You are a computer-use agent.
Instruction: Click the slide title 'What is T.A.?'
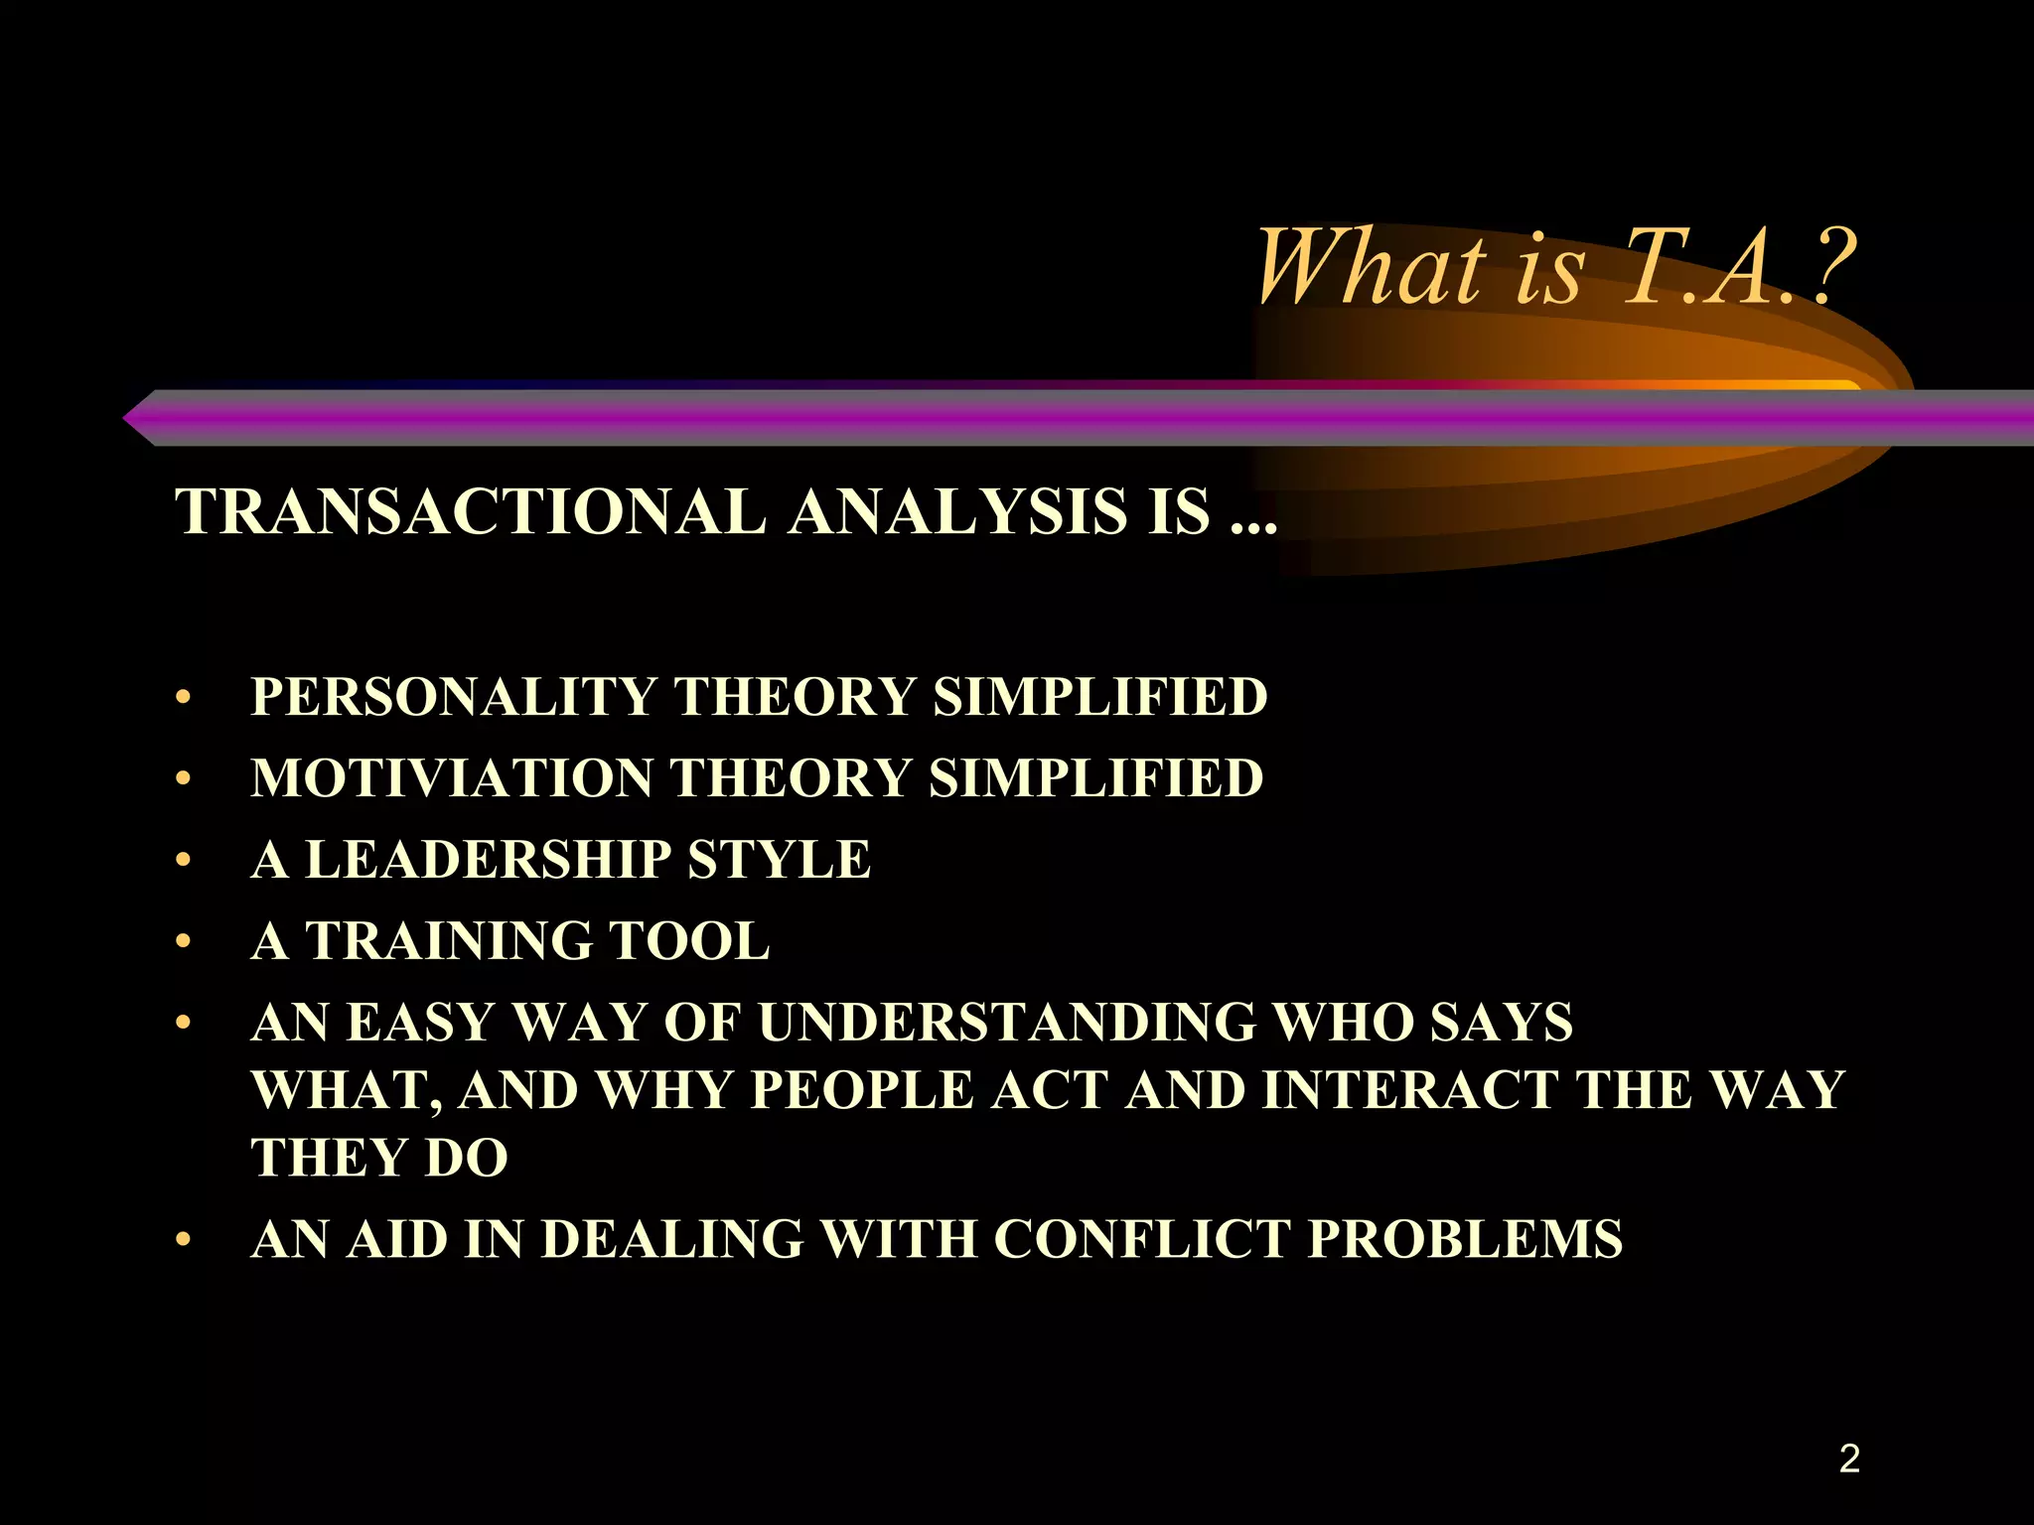1554,268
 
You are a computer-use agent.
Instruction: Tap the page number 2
1848,1458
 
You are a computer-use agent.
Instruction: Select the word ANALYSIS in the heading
958,512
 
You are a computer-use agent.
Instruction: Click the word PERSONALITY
453,697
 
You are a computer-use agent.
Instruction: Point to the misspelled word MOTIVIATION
452,778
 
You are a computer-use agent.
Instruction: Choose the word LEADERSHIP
488,860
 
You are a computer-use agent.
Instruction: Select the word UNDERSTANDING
1007,1023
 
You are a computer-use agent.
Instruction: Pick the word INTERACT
1410,1090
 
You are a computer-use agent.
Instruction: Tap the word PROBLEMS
1465,1239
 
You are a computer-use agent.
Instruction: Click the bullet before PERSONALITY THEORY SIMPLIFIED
182,698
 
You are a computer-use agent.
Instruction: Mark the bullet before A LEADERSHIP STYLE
182,861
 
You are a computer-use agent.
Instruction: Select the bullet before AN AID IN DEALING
182,1240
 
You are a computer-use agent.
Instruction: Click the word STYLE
779,860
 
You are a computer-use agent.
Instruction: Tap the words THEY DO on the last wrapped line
379,1158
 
